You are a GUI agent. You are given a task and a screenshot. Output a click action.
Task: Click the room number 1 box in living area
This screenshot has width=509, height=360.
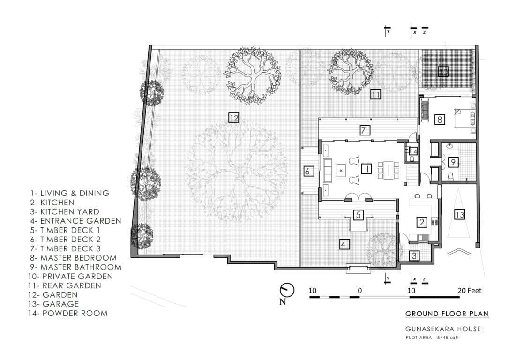(x=367, y=168)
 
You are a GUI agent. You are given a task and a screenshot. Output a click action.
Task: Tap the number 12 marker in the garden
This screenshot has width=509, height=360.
(x=233, y=117)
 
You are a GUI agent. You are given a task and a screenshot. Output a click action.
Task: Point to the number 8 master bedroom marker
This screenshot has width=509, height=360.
(x=439, y=119)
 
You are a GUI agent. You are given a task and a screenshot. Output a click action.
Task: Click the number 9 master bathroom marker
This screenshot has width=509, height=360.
(x=453, y=162)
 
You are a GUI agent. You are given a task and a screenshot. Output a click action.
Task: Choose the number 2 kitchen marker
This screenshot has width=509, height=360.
(x=422, y=222)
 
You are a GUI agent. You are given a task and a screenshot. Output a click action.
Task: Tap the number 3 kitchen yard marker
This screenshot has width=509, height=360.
(x=414, y=255)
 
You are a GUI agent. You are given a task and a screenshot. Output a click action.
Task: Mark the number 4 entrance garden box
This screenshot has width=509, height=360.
(x=344, y=244)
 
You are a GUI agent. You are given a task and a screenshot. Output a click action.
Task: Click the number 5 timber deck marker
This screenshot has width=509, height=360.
(x=358, y=215)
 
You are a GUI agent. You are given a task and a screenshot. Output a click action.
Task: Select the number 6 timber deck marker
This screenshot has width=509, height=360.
(x=308, y=171)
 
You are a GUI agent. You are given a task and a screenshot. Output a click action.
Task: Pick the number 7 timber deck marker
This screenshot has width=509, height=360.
(x=366, y=130)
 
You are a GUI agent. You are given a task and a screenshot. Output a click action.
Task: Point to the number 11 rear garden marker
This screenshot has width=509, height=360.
(x=375, y=94)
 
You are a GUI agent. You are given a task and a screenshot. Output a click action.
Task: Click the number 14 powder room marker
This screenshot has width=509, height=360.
(x=413, y=151)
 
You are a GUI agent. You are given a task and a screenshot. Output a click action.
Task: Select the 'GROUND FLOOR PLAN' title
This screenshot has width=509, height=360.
(x=447, y=314)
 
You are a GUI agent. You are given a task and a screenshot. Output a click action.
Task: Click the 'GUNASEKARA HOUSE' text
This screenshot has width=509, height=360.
(x=443, y=329)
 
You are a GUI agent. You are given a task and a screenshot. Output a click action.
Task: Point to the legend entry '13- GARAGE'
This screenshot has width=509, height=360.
(x=55, y=304)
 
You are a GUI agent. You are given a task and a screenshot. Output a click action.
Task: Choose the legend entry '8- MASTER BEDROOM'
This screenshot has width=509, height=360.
(x=74, y=258)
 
